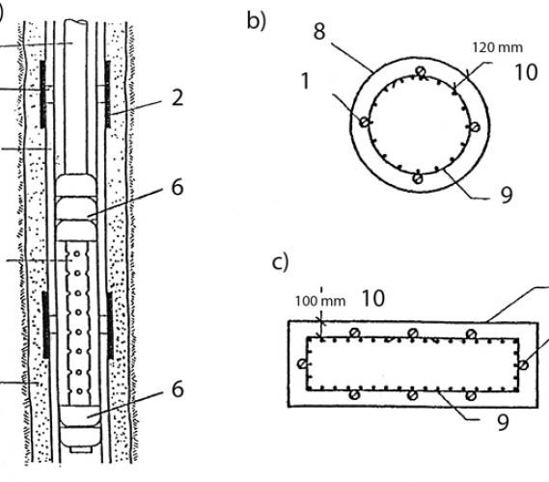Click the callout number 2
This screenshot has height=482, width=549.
click(x=178, y=97)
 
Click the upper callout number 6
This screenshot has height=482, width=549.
click(x=178, y=187)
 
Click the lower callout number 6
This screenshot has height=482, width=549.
click(x=178, y=388)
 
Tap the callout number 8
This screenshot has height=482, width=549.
click(x=319, y=32)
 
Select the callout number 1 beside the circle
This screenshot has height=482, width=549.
click(x=306, y=81)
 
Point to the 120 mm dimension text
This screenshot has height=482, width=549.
click(x=497, y=47)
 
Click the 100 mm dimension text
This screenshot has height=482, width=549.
click(x=320, y=301)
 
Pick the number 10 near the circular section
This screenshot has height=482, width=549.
click(x=526, y=72)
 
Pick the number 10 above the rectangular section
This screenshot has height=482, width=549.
click(x=372, y=299)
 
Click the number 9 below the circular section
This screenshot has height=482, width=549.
click(x=507, y=195)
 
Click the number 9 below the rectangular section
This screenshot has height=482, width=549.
click(x=503, y=422)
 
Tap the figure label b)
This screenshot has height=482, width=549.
click(x=257, y=20)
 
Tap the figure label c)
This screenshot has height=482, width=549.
click(x=280, y=262)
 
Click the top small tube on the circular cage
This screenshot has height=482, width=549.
click(x=421, y=71)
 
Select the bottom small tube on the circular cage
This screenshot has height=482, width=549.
click(x=418, y=178)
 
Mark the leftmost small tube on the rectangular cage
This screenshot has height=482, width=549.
click(x=302, y=363)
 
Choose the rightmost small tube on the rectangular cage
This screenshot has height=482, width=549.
click(x=523, y=365)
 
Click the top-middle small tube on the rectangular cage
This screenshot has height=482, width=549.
click(x=413, y=333)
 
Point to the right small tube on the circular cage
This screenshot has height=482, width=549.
click(x=475, y=127)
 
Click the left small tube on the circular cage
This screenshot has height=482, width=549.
click(x=365, y=122)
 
